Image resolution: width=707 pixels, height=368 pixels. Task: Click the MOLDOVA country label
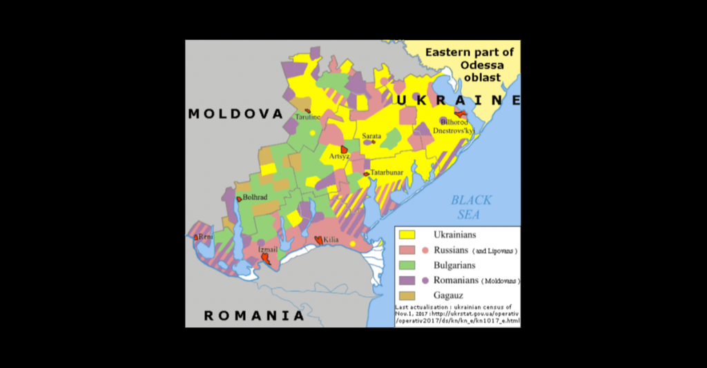click(x=235, y=114)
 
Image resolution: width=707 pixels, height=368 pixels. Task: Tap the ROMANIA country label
click(x=253, y=316)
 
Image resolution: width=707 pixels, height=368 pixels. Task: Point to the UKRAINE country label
click(x=458, y=101)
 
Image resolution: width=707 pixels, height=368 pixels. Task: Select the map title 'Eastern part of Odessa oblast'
click(x=469, y=65)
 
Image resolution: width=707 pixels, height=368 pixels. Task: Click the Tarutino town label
click(x=309, y=117)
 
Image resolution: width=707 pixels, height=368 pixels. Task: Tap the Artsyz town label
click(x=340, y=157)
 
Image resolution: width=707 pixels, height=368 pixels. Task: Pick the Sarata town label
click(x=371, y=136)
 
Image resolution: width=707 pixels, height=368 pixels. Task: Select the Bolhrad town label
click(x=255, y=197)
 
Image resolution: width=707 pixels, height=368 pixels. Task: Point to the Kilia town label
click(x=331, y=239)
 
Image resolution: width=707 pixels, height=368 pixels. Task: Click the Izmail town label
click(x=268, y=249)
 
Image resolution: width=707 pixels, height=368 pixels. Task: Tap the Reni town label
click(x=205, y=237)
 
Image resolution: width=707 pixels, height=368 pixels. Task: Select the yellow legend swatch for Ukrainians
click(x=409, y=235)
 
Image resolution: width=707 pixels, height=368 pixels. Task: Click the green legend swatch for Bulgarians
click(x=409, y=265)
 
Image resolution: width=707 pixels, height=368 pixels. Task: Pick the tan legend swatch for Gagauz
click(x=409, y=296)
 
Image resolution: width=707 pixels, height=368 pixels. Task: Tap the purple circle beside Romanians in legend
click(x=425, y=280)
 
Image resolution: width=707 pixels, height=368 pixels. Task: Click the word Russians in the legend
click(x=451, y=250)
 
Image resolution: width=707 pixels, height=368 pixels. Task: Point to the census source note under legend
click(x=457, y=315)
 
